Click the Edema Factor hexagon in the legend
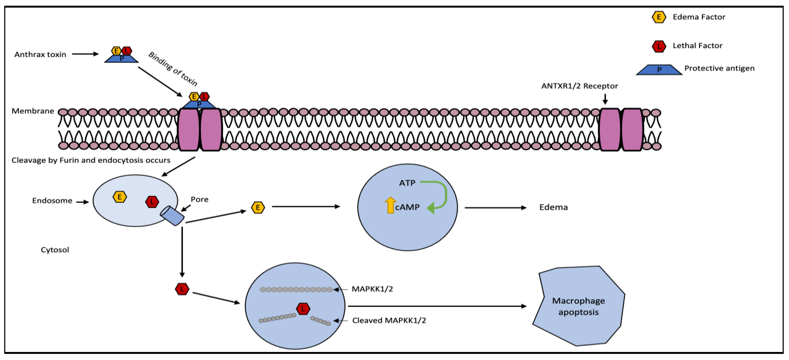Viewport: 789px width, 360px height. pyautogui.click(x=659, y=17)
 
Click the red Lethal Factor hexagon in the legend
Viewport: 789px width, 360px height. pyautogui.click(x=659, y=46)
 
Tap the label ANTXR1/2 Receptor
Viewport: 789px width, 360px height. pyautogui.click(x=579, y=86)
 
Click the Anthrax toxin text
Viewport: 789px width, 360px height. pyautogui.click(x=40, y=55)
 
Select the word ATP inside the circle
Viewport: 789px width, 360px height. pyautogui.click(x=407, y=183)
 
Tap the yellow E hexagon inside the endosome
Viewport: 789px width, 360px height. pyautogui.click(x=119, y=197)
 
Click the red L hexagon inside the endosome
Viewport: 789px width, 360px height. pyautogui.click(x=152, y=202)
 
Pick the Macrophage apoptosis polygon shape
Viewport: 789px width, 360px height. pyautogui.click(x=578, y=306)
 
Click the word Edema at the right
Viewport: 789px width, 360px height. pyautogui.click(x=553, y=207)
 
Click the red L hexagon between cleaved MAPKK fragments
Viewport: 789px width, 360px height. pyautogui.click(x=303, y=309)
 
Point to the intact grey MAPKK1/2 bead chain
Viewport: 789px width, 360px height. pyautogui.click(x=296, y=289)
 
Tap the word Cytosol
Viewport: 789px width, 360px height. pyautogui.click(x=55, y=250)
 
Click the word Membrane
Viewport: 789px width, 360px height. pyautogui.click(x=33, y=111)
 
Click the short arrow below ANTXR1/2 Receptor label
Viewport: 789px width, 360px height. pyautogui.click(x=605, y=99)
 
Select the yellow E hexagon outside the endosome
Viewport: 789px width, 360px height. pyautogui.click(x=258, y=207)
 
